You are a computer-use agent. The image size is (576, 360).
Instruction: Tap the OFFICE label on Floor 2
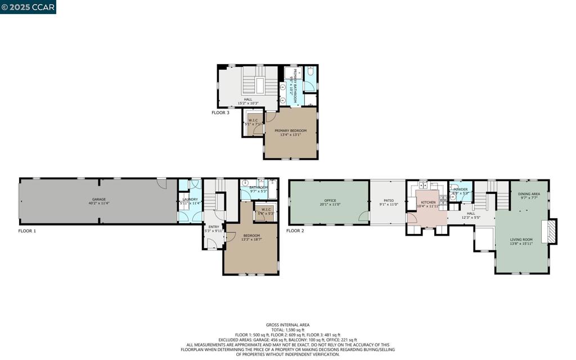[x=330, y=201]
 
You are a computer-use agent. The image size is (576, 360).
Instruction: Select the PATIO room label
[x=389, y=201]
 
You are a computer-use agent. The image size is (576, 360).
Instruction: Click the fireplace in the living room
[x=550, y=231]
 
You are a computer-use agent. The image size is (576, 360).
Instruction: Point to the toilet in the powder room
[x=453, y=197]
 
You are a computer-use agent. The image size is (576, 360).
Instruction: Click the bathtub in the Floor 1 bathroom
[x=273, y=190]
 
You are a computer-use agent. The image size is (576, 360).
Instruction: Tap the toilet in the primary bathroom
[x=310, y=73]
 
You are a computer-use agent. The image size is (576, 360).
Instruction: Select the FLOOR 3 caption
[x=220, y=112]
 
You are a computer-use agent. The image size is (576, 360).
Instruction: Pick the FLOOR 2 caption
[x=295, y=231]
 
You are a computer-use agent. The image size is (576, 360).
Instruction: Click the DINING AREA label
[x=529, y=194]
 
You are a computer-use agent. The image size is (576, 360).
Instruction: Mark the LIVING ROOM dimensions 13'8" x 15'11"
[x=521, y=243]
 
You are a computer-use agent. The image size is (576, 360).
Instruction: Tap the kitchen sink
[x=422, y=184]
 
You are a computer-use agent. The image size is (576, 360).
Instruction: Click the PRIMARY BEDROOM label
[x=291, y=130]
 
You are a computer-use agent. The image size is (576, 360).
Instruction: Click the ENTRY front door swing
[x=211, y=243]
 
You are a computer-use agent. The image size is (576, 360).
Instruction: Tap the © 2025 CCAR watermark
[x=28, y=7]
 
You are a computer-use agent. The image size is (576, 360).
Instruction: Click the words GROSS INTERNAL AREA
[x=287, y=325]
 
